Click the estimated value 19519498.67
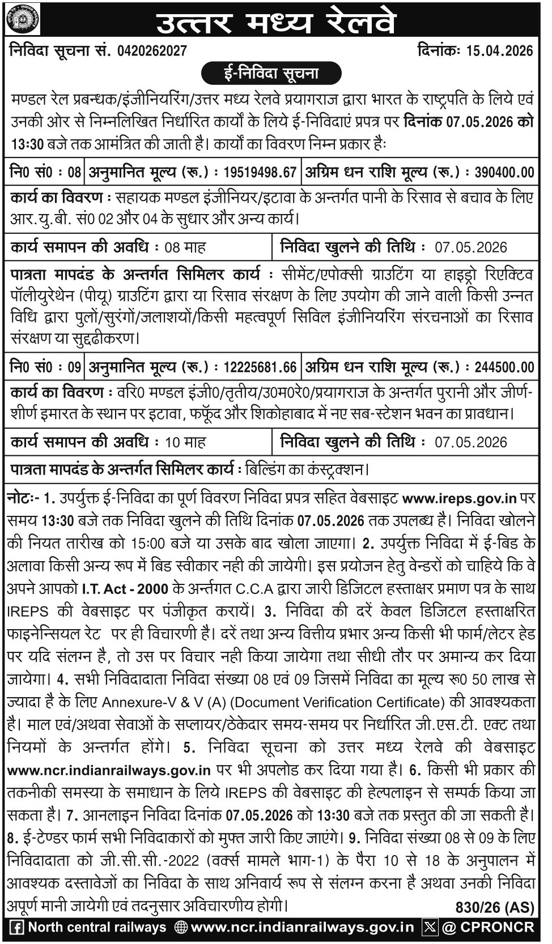(x=260, y=172)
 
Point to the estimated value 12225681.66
(x=260, y=368)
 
